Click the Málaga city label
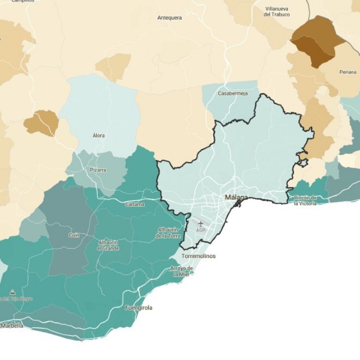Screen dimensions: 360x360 (236, 197)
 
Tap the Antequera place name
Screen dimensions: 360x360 (170, 18)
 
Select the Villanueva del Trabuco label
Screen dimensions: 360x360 (277, 12)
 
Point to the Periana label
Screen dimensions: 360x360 (348, 72)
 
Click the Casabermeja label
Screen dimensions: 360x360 (233, 93)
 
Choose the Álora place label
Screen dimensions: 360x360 (98, 136)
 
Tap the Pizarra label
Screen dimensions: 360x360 (98, 170)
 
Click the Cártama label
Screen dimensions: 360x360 (135, 204)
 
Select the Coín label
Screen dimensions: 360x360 (74, 235)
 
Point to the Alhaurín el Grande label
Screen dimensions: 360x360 (108, 245)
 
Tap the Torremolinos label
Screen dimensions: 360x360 (198, 256)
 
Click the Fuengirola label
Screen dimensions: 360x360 (138, 308)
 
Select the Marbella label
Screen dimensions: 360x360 (12, 326)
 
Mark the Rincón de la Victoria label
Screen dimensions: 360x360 (305, 200)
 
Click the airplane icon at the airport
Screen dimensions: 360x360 (200, 224)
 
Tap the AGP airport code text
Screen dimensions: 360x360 (200, 230)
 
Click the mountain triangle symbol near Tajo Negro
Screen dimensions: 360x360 (12, 292)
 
